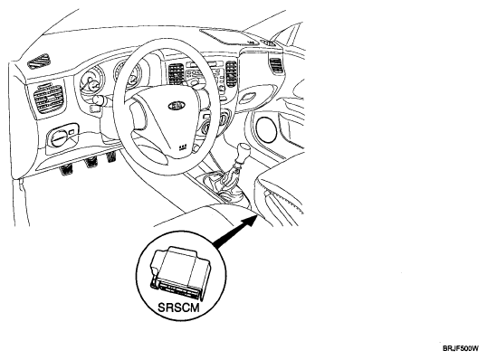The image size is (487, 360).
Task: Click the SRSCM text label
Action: (x=178, y=308)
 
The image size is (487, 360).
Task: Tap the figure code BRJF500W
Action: (x=461, y=348)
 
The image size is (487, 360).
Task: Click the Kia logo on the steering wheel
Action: (x=177, y=106)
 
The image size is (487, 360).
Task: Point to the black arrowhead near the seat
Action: (x=250, y=222)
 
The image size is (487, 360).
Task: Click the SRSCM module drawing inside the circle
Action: (x=180, y=273)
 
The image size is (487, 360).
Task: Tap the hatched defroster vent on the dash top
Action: (x=39, y=62)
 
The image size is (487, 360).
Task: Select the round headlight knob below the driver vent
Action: (x=58, y=138)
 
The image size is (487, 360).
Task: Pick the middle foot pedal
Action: (x=91, y=162)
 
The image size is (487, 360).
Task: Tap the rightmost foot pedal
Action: (x=111, y=157)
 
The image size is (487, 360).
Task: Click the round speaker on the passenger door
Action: (x=266, y=129)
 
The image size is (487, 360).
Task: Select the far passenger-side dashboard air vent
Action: (x=276, y=66)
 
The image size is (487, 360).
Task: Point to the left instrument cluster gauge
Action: (x=91, y=81)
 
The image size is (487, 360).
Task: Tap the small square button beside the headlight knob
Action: (x=72, y=132)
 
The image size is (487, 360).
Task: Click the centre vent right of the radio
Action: (x=232, y=73)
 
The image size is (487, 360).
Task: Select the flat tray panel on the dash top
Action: (x=229, y=37)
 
